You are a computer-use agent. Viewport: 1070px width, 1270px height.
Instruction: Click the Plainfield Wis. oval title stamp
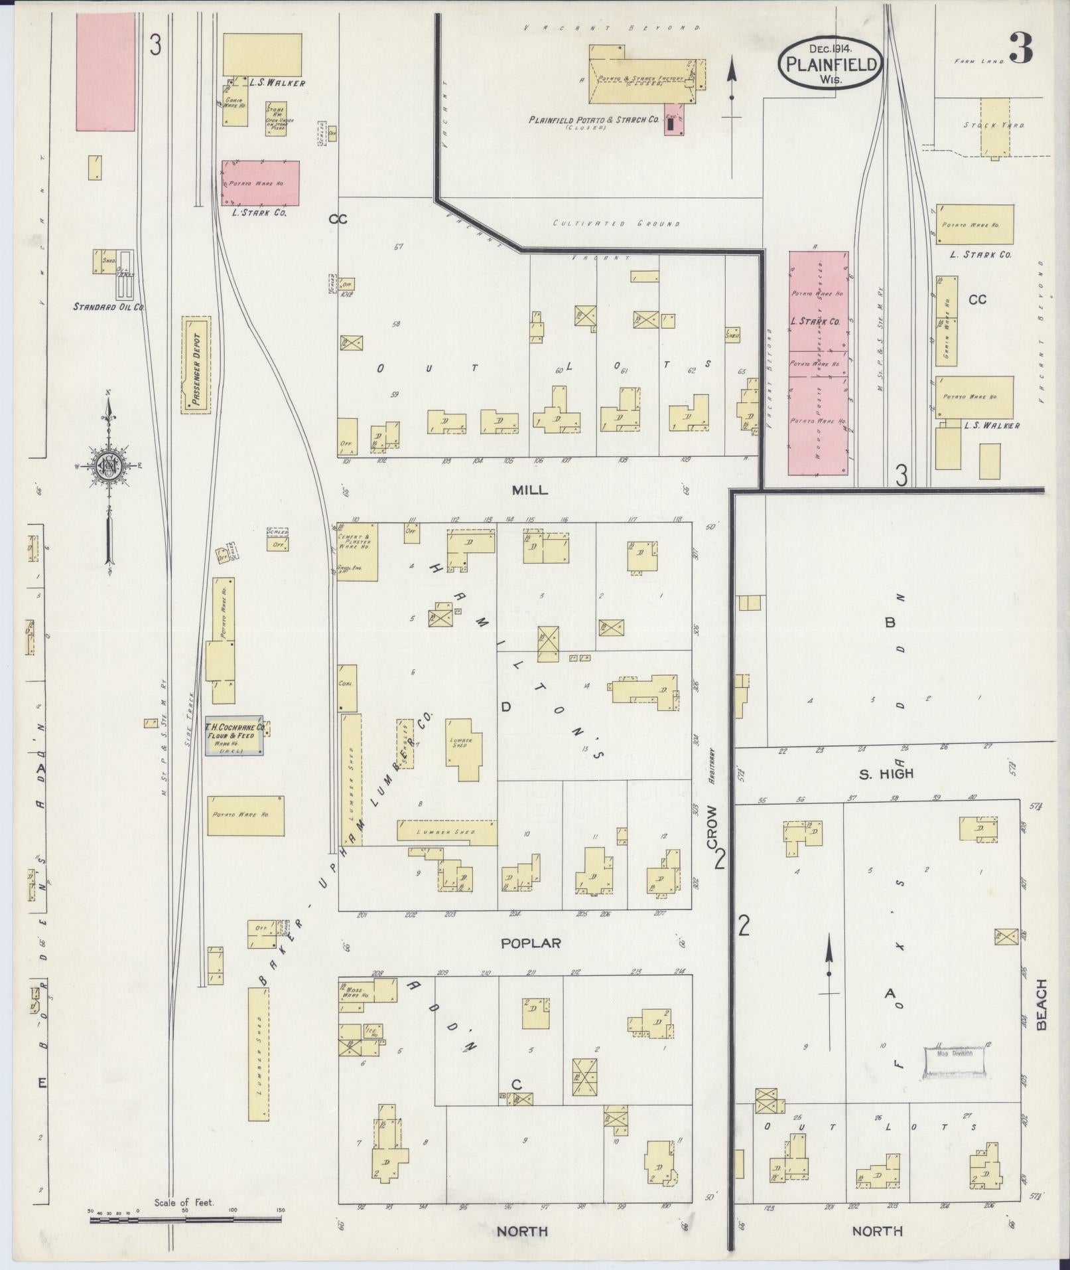pos(831,64)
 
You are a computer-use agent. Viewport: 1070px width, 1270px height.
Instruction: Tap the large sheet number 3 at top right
pos(1022,48)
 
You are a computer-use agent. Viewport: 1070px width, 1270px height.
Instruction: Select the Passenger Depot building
pos(196,365)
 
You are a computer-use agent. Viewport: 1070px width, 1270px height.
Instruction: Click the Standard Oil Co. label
pos(109,307)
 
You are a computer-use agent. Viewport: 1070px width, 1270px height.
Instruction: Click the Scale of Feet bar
pos(185,1220)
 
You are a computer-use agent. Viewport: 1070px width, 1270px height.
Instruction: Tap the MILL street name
pos(529,490)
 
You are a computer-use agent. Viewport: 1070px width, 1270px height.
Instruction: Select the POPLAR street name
pos(531,943)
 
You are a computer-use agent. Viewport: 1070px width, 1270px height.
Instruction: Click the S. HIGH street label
pos(886,773)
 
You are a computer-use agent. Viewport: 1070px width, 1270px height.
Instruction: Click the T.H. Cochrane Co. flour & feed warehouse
pos(234,735)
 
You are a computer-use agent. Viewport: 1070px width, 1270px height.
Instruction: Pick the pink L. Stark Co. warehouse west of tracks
pos(260,183)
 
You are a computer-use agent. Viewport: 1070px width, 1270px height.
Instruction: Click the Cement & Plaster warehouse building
pos(358,551)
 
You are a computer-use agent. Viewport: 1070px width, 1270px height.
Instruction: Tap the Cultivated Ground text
pos(616,224)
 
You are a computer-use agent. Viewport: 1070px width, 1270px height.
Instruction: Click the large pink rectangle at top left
pos(105,72)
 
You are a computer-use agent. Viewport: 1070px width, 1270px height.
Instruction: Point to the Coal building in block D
pos(348,684)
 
